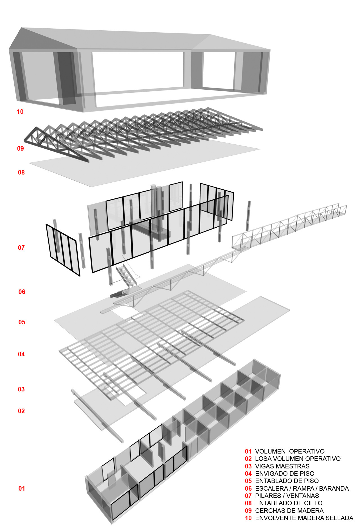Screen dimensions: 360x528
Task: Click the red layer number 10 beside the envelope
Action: [x=20, y=112]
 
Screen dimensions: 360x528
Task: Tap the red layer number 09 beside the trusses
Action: [x=20, y=148]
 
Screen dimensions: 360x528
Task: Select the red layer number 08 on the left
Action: [x=21, y=172]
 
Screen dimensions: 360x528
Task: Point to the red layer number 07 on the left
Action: [x=21, y=248]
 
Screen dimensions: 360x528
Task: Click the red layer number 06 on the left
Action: [x=22, y=292]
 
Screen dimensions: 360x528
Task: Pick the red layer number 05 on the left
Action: [x=22, y=322]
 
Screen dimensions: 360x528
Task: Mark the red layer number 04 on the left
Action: [x=21, y=354]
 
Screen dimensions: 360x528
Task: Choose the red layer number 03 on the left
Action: [x=21, y=389]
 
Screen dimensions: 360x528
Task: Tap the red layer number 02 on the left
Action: [x=21, y=411]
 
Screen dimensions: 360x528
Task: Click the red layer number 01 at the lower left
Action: [x=22, y=488]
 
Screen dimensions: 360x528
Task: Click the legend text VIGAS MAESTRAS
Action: [x=282, y=466]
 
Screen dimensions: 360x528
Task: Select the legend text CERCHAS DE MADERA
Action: [x=289, y=511]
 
